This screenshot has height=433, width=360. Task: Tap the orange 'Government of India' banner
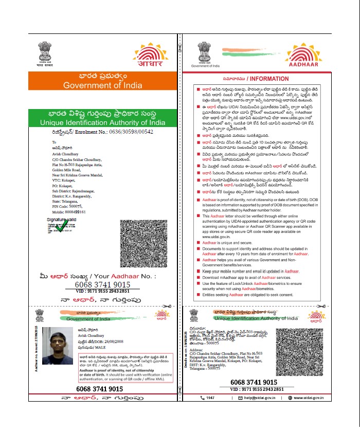[102, 81]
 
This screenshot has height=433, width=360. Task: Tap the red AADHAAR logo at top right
[310, 56]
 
